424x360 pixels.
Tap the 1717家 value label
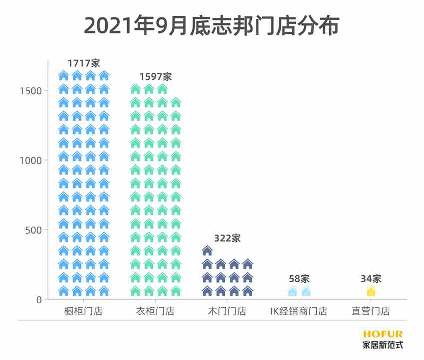click(84, 63)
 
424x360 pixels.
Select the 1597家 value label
click(155, 77)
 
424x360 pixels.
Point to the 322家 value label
click(227, 238)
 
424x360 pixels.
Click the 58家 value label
click(299, 279)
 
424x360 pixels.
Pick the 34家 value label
click(371, 279)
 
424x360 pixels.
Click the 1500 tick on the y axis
click(31, 90)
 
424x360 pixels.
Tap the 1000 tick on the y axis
click(31, 160)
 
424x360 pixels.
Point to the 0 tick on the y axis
click(38, 300)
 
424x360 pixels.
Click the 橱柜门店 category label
click(84, 312)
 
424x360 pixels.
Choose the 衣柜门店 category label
click(155, 312)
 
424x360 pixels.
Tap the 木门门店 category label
click(227, 312)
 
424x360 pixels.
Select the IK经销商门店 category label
click(299, 312)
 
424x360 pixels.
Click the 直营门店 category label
click(371, 312)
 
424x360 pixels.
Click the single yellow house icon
click(371, 291)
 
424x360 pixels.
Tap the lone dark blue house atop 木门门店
click(208, 250)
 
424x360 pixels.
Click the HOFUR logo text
click(383, 334)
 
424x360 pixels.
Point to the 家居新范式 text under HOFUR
click(383, 345)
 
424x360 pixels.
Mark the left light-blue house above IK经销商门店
click(292, 291)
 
